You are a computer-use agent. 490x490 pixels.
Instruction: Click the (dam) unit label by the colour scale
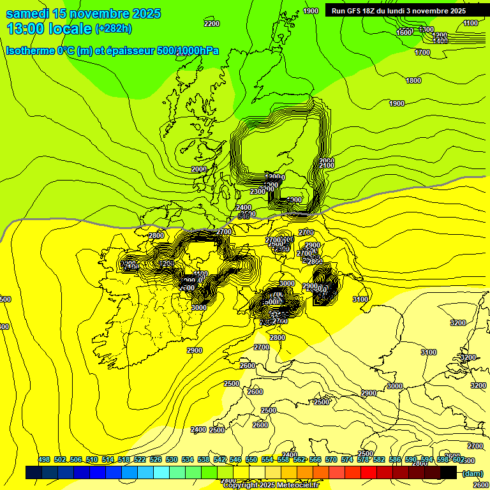(472, 473)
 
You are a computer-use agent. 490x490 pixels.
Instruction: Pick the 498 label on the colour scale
(44, 459)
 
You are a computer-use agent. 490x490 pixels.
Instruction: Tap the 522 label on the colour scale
(140, 459)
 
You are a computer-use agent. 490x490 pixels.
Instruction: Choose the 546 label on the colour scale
(235, 459)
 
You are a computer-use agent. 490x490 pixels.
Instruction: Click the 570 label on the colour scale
(331, 459)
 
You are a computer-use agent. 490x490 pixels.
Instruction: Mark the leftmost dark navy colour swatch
(34, 473)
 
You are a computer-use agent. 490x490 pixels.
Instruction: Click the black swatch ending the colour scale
(449, 473)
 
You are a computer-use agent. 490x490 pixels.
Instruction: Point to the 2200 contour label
(211, 24)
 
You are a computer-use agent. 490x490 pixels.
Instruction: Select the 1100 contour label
(470, 23)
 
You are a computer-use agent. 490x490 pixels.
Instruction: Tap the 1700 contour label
(422, 52)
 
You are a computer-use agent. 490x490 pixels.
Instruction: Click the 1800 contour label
(413, 80)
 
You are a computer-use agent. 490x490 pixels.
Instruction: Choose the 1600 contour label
(404, 33)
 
